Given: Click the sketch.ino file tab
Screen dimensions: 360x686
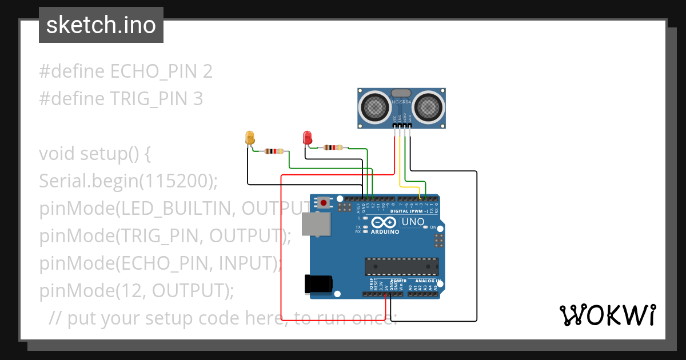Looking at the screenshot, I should click(101, 25).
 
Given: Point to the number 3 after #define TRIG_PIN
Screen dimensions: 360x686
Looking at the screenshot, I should click(197, 99).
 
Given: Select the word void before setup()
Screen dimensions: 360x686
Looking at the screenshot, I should click(57, 154).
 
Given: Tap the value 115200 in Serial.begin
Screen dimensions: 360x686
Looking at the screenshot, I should click(175, 181).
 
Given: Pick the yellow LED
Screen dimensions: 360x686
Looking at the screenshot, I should click(250, 138).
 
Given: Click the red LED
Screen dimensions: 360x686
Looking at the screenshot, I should click(307, 138).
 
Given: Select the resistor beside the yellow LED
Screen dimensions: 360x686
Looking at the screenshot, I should click(274, 151).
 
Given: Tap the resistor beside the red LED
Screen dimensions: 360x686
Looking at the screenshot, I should click(332, 147).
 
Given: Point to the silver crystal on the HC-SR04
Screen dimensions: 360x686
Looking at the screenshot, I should click(401, 93).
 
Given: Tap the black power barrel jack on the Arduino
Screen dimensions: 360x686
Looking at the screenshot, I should click(319, 283).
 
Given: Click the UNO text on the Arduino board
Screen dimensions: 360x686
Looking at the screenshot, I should click(413, 222).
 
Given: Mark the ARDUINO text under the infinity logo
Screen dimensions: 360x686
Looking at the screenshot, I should click(385, 232).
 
